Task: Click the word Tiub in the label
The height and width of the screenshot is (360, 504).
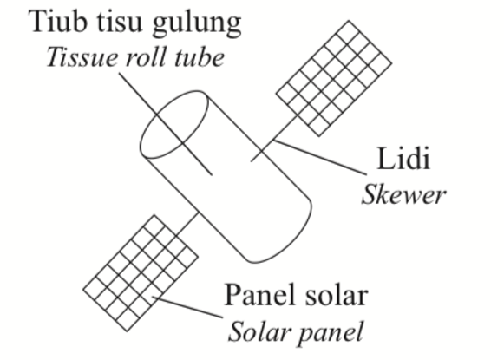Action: click(x=58, y=21)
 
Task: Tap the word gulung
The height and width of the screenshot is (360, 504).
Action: click(x=197, y=24)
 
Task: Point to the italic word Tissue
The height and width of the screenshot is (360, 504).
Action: click(x=82, y=57)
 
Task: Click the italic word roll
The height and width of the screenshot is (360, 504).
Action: click(x=147, y=57)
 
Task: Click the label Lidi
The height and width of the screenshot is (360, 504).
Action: click(x=403, y=159)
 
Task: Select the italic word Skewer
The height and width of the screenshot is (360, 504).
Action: click(x=403, y=194)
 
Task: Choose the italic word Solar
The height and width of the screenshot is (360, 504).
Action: click(x=259, y=331)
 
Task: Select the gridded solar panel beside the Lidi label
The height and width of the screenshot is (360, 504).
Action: click(x=334, y=78)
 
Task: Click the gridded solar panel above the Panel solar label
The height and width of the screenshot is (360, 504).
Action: click(x=141, y=273)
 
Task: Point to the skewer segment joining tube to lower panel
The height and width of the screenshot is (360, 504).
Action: click(x=187, y=224)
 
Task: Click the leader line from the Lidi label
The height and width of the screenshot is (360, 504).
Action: click(x=319, y=158)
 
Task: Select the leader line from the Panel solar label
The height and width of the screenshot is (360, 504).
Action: click(x=187, y=308)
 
